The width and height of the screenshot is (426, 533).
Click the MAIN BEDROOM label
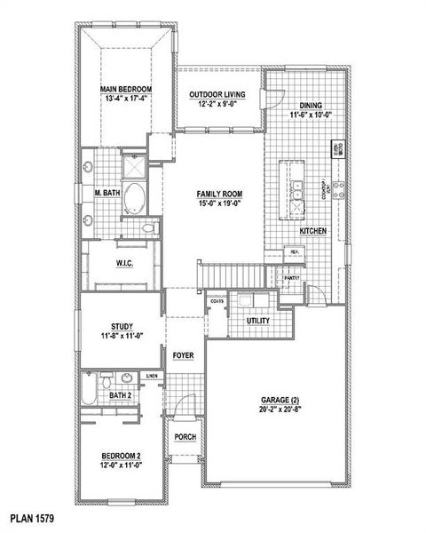(126, 90)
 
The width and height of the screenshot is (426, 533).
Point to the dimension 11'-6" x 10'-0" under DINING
(309, 114)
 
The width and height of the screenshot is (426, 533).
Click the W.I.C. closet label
(124, 264)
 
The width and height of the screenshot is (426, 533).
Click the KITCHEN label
(313, 230)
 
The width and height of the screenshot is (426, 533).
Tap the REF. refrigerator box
(294, 251)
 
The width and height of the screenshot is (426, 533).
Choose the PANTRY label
(292, 278)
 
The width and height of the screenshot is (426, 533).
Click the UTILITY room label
(258, 320)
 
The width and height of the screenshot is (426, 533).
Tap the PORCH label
(185, 436)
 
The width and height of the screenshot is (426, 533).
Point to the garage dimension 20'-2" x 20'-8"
(280, 410)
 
